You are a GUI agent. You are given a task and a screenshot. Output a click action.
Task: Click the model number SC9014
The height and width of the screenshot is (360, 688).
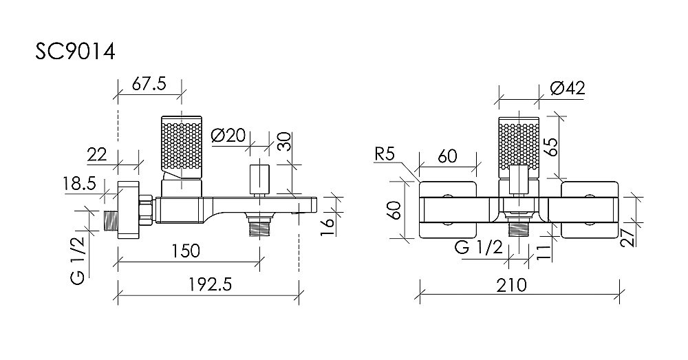(75, 52)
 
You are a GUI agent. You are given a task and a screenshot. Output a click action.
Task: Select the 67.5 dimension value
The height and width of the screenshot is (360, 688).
(149, 83)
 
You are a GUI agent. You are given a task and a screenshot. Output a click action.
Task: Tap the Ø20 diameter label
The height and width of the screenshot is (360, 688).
(228, 135)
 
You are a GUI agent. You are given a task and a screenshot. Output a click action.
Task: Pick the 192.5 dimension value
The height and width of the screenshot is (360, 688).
(210, 285)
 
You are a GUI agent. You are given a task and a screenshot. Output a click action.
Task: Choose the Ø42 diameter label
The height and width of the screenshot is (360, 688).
(568, 88)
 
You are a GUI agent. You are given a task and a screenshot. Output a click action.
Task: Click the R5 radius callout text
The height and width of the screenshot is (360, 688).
(385, 154)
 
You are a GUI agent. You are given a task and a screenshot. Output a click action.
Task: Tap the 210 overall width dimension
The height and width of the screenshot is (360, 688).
(512, 286)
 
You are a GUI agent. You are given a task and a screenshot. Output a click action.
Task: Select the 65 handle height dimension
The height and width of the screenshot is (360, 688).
(552, 146)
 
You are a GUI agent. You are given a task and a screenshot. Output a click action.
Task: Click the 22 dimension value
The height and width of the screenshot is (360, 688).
(97, 155)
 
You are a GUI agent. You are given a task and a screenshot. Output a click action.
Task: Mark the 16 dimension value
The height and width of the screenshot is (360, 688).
(328, 227)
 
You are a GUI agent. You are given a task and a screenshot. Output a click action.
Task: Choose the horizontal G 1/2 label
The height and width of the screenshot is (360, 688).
(479, 248)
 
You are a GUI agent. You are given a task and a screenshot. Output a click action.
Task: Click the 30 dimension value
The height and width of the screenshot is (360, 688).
(286, 140)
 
